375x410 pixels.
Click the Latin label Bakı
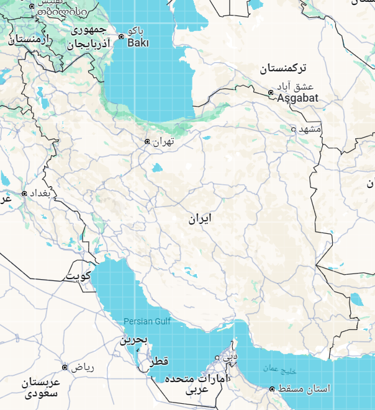point(138,43)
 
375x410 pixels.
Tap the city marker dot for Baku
point(122,37)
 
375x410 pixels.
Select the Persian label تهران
point(163,141)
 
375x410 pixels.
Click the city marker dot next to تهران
point(147,141)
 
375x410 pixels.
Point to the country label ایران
point(201,218)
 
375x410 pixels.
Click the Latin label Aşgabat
point(297,98)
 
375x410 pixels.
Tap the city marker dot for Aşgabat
point(271,93)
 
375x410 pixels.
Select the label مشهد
point(310,129)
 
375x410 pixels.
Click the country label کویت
point(79,275)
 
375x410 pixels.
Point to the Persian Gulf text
point(147,321)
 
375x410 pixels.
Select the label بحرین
point(134,340)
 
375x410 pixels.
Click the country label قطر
point(158,362)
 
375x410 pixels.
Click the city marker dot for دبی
point(217,357)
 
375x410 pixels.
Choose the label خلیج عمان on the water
point(278,368)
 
